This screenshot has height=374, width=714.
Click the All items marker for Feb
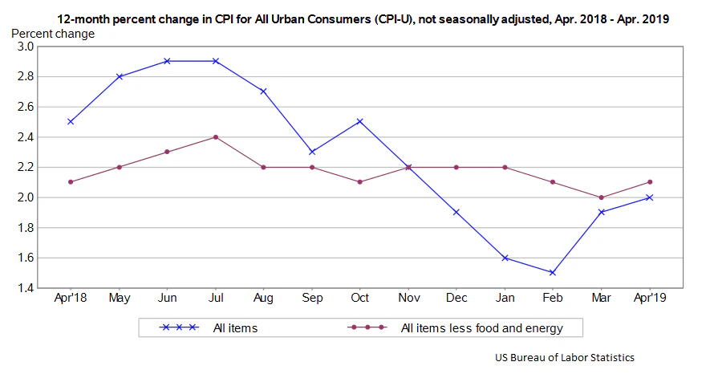click(554, 273)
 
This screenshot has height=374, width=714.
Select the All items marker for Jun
click(167, 61)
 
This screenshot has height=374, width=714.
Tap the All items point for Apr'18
click(71, 121)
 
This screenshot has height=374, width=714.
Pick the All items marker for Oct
click(360, 121)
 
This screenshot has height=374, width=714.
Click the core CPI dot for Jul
click(215, 136)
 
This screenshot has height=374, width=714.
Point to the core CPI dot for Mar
click(602, 197)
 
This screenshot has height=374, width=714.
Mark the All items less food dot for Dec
click(456, 167)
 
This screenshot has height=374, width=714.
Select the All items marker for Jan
click(505, 258)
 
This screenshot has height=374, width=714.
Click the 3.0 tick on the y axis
click(25, 47)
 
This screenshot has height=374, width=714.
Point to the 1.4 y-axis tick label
click(25, 288)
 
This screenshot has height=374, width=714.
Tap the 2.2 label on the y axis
click(25, 167)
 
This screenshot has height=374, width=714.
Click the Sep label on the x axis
click(312, 299)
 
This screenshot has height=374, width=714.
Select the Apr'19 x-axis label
click(650, 299)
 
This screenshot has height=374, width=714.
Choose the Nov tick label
click(408, 299)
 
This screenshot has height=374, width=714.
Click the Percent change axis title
click(52, 34)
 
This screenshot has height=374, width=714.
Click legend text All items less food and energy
click(481, 327)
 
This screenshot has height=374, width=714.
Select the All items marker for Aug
click(263, 91)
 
